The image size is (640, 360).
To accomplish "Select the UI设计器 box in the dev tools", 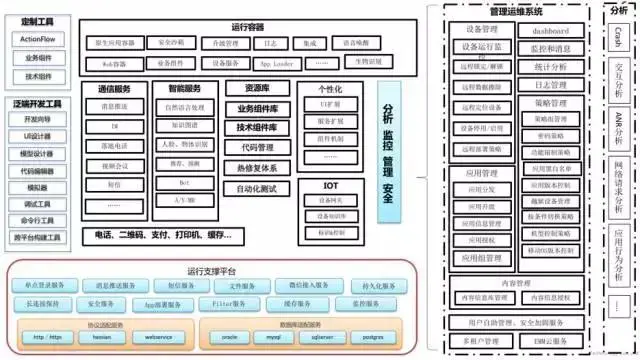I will click(36, 136).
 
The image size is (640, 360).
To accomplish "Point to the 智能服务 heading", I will click(185, 89).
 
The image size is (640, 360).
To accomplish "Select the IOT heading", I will click(331, 185).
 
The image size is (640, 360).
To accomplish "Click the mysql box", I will click(273, 337).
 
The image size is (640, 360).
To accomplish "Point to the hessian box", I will click(101, 337).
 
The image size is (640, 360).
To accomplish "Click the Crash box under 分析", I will click(620, 37).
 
